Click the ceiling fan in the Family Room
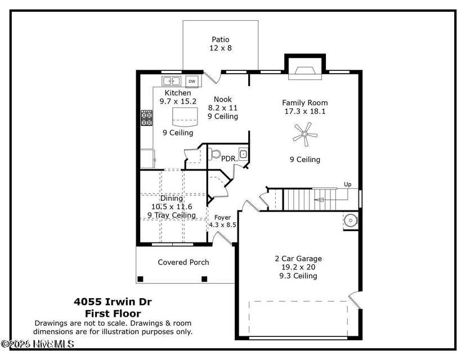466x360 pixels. pyautogui.click(x=304, y=134)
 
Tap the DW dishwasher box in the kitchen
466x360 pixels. pyautogui.click(x=192, y=81)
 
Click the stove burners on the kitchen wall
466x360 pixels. pyautogui.click(x=146, y=118)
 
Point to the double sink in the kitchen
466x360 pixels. pyautogui.click(x=172, y=81)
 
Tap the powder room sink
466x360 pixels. pyautogui.click(x=243, y=154)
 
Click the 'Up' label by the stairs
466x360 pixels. pyautogui.click(x=347, y=184)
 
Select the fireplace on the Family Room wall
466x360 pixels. pyautogui.click(x=304, y=70)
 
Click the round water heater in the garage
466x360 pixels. pyautogui.click(x=351, y=220)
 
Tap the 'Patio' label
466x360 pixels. pyautogui.click(x=221, y=39)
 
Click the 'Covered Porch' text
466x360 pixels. pyautogui.click(x=183, y=262)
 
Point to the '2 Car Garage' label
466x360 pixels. pyautogui.click(x=298, y=259)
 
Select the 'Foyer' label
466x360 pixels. pyautogui.click(x=223, y=217)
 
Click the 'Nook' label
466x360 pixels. pyautogui.click(x=222, y=100)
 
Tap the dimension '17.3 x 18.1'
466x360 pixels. pyautogui.click(x=304, y=111)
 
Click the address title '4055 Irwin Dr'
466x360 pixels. pyautogui.click(x=113, y=301)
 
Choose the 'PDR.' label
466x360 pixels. pyautogui.click(x=229, y=159)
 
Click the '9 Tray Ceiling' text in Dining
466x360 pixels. pyautogui.click(x=171, y=215)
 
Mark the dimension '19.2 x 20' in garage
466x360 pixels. pyautogui.click(x=298, y=267)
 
